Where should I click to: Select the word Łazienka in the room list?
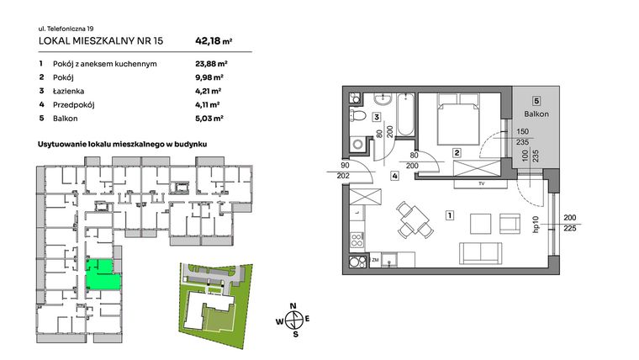[x=70, y=90]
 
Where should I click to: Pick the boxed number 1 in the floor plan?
[x=451, y=215]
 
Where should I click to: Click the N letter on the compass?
[x=293, y=305]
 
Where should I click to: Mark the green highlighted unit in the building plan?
[x=102, y=274]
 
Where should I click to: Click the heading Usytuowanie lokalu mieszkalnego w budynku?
[x=123, y=145]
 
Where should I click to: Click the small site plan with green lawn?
[x=215, y=299]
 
